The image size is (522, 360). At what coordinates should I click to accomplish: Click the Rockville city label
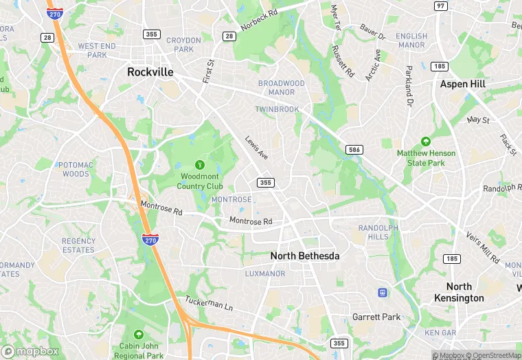(150, 72)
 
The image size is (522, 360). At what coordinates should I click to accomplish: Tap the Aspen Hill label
(462, 84)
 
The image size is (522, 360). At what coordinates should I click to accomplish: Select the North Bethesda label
(305, 256)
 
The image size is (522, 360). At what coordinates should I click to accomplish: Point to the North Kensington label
(459, 292)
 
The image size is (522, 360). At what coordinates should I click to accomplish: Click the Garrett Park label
(376, 317)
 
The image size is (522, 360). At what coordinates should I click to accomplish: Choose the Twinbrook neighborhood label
(276, 109)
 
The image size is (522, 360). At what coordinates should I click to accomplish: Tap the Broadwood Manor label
(281, 88)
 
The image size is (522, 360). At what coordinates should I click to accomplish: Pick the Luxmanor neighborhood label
(265, 273)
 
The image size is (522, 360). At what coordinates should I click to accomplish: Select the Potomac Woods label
(73, 170)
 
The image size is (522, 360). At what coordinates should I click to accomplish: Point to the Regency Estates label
(78, 245)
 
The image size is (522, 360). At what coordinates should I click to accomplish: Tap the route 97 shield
(440, 5)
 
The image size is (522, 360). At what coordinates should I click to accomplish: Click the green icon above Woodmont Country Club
(200, 165)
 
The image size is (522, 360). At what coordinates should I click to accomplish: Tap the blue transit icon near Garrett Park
(382, 293)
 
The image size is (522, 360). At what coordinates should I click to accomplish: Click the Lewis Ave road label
(257, 148)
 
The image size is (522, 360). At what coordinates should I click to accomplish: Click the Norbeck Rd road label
(259, 21)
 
